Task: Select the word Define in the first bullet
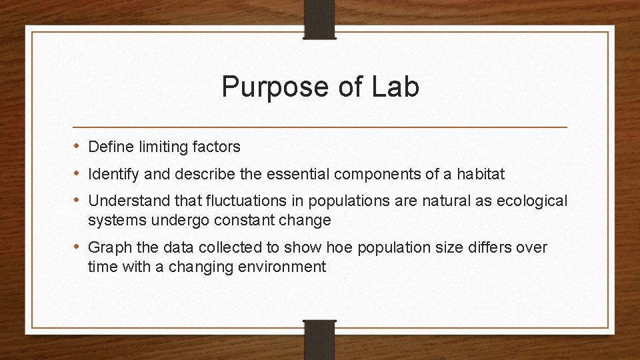108,146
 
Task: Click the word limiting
158,146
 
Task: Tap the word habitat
481,175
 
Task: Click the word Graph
107,249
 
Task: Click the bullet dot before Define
77,146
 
